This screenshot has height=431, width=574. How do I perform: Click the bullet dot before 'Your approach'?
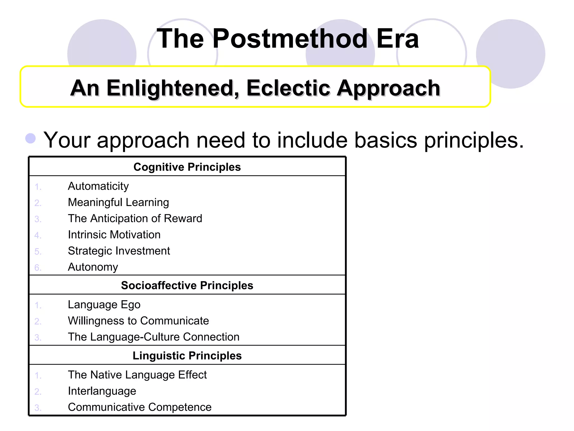click(31, 138)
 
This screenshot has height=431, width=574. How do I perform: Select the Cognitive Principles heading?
click(187, 167)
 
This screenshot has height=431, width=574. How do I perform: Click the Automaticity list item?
click(98, 186)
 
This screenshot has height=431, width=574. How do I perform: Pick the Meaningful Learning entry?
click(118, 202)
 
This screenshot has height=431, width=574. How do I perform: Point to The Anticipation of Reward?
click(135, 219)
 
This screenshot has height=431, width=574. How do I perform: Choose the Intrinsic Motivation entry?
click(114, 235)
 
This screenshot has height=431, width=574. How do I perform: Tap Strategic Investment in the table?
click(119, 251)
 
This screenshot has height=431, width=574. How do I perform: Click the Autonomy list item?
click(93, 267)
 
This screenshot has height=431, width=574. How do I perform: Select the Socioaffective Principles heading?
click(187, 285)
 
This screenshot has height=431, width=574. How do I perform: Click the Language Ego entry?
click(104, 305)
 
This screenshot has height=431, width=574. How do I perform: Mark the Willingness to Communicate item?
click(138, 321)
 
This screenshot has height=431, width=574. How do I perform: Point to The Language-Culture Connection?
click(154, 337)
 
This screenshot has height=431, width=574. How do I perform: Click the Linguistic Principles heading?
click(187, 356)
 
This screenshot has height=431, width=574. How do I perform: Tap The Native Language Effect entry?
click(137, 375)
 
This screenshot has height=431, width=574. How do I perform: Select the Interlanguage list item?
click(102, 391)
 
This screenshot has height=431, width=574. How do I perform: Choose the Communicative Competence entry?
click(140, 407)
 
